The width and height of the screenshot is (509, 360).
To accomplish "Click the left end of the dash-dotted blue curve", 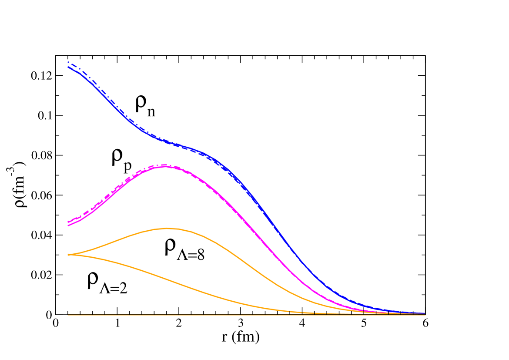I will tap(68, 62).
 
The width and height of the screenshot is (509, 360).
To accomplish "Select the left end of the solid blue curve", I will tap(68, 67).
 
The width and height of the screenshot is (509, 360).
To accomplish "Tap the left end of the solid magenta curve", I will tap(68, 225).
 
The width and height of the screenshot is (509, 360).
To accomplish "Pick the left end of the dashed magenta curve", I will tap(68, 222).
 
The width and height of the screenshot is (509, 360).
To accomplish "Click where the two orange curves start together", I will tap(68, 255).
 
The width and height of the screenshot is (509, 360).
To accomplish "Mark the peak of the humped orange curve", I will tap(167, 228).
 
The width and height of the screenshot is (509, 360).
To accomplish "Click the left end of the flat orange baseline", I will tap(68, 314).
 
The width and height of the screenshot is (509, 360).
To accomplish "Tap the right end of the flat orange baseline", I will tap(425, 314).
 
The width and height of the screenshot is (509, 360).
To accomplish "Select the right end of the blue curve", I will tap(425, 313).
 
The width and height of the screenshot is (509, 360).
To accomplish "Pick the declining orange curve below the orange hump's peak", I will tap(167, 279).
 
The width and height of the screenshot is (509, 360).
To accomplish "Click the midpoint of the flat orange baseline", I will tap(247, 314).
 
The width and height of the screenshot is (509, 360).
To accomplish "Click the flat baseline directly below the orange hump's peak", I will tap(167, 314).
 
